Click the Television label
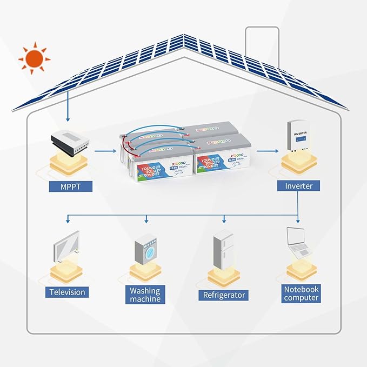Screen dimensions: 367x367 pos(67,292)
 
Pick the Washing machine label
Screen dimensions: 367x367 pos(145,295)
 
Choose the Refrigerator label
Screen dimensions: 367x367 pos(224,295)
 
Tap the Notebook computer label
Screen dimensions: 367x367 pos(301,293)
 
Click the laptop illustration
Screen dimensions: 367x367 pos(299,242)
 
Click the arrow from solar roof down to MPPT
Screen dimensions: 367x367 pos(67,105)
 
